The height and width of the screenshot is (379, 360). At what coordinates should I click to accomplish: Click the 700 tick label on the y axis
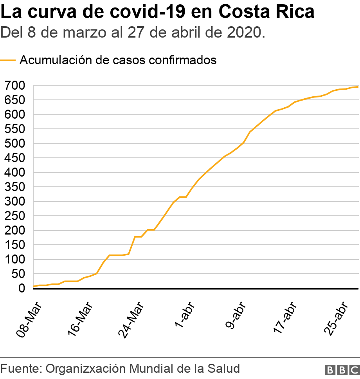[15, 86]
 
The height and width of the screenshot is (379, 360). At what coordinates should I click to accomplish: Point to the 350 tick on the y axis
[15, 187]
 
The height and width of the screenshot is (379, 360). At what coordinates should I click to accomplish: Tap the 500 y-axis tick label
[15, 144]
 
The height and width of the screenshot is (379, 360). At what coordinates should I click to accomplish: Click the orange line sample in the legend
[8, 60]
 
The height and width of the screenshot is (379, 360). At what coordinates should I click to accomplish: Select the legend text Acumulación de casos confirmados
[118, 60]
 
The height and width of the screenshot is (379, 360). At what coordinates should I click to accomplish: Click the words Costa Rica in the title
[266, 12]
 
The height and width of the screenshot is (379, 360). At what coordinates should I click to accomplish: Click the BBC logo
[342, 370]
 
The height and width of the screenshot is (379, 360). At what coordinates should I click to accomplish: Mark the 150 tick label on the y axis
[15, 245]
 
